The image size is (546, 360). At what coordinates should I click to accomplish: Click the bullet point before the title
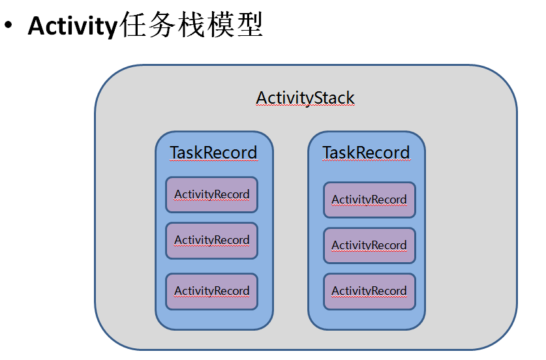(8, 27)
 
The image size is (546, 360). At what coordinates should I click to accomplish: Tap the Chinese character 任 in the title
(132, 26)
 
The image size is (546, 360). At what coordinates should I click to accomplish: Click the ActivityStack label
(305, 98)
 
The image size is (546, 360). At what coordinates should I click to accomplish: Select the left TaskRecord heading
(213, 153)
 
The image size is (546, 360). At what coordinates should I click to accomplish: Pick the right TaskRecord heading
(366, 153)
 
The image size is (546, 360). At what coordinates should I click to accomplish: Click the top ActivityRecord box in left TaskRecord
(211, 194)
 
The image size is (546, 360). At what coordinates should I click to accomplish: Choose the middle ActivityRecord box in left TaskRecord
(211, 241)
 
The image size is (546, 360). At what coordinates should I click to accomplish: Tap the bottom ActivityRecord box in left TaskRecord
(211, 291)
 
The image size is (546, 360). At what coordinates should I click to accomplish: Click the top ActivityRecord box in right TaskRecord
(369, 200)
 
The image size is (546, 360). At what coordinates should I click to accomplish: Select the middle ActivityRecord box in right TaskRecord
(369, 245)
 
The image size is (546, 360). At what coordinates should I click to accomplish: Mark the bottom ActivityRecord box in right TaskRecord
(369, 291)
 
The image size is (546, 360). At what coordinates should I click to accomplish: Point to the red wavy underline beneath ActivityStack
(305, 106)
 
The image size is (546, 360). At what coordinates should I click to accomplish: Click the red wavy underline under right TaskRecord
(366, 160)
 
